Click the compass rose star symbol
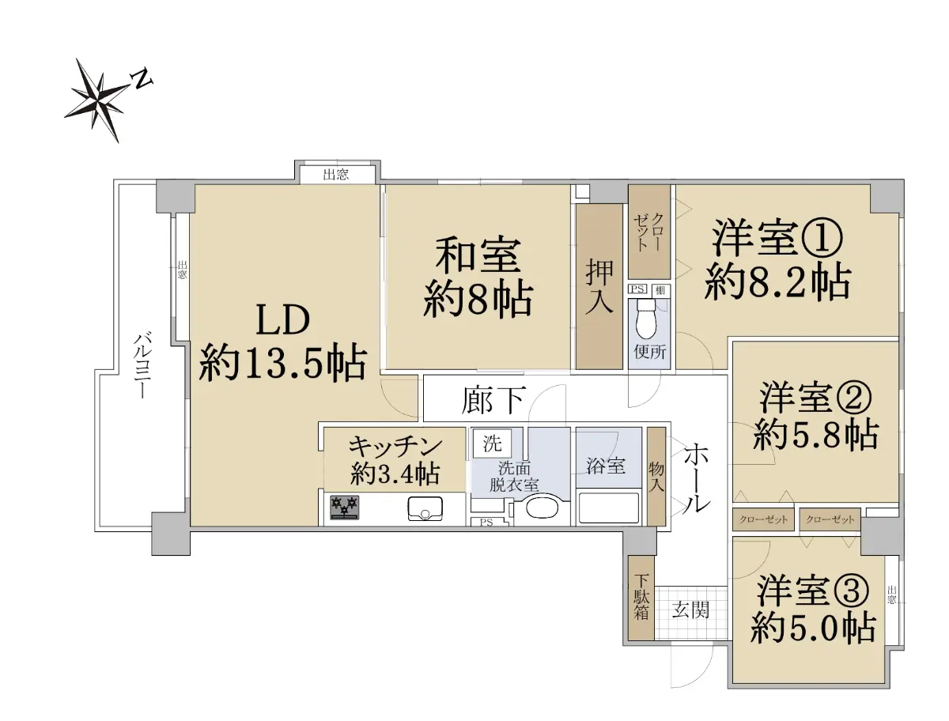point(98,100)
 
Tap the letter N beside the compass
point(142,78)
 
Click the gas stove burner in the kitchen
point(345,508)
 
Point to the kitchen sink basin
point(425,508)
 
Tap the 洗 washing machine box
point(492,444)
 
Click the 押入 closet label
point(599,287)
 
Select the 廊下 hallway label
point(493,400)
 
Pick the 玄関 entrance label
point(690,610)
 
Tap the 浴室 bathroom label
point(605,466)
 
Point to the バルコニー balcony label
point(141,365)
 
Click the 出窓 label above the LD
point(336,175)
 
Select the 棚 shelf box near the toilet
point(660,290)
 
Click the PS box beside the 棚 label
point(637,289)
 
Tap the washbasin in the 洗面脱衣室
point(543,508)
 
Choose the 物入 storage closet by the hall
point(656,476)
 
